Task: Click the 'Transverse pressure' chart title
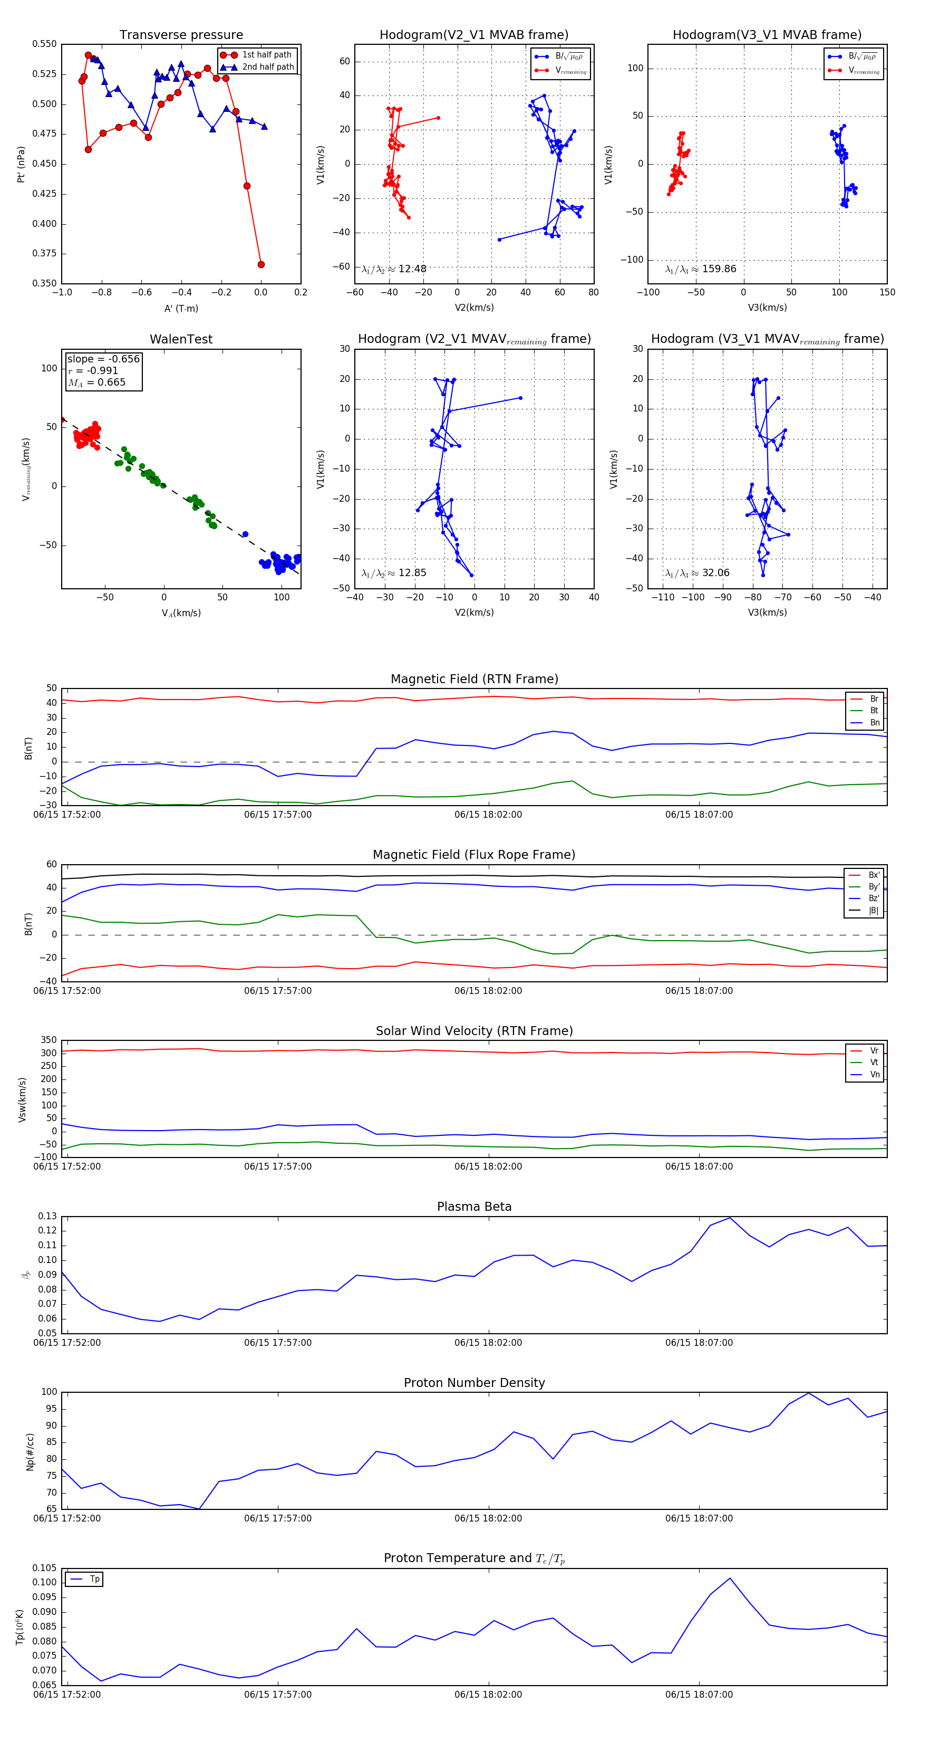pos(181,35)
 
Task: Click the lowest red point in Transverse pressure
pos(261,264)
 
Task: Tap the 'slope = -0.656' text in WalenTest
pos(103,359)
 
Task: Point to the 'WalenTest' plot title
pos(181,339)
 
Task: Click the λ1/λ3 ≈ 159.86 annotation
pos(701,269)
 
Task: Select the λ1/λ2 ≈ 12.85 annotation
pos(394,573)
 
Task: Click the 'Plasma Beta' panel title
pos(474,1207)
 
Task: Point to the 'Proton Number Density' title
pos(474,1383)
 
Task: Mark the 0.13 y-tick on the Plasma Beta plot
pos(47,1216)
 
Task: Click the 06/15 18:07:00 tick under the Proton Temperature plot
pos(699,1695)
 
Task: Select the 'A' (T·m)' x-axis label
pos(181,308)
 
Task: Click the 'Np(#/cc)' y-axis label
pos(30,1452)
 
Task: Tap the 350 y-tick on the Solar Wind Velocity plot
pos(49,1040)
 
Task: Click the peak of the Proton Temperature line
pos(730,1578)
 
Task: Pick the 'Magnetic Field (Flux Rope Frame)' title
pos(474,855)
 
